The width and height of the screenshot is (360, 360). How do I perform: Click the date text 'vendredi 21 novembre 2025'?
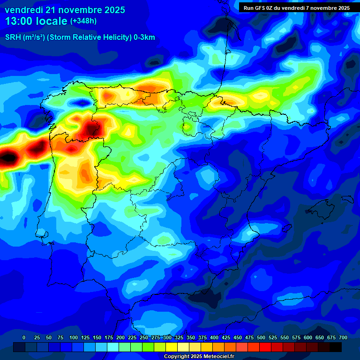click(x=65, y=10)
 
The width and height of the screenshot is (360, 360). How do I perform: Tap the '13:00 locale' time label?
click(x=37, y=21)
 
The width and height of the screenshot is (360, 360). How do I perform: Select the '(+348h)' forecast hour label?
click(x=83, y=21)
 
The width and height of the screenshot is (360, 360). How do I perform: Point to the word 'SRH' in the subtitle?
click(x=14, y=37)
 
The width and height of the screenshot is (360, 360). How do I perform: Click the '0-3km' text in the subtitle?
click(x=144, y=37)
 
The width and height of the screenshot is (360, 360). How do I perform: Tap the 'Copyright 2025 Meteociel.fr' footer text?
click(x=199, y=357)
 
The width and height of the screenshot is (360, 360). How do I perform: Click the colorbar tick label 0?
click(x=24, y=337)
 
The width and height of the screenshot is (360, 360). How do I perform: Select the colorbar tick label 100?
click(x=74, y=337)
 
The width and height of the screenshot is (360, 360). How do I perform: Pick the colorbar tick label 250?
click(x=144, y=337)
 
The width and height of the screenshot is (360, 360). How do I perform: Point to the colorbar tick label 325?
click(x=179, y=337)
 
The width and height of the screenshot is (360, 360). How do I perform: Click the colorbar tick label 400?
click(x=214, y=337)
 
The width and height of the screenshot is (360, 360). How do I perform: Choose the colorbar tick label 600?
click(x=308, y=337)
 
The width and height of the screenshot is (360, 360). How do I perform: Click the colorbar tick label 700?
click(x=343, y=337)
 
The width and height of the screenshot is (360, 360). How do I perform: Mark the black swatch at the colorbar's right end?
click(x=336, y=347)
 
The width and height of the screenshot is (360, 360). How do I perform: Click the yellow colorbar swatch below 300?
click(x=172, y=347)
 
